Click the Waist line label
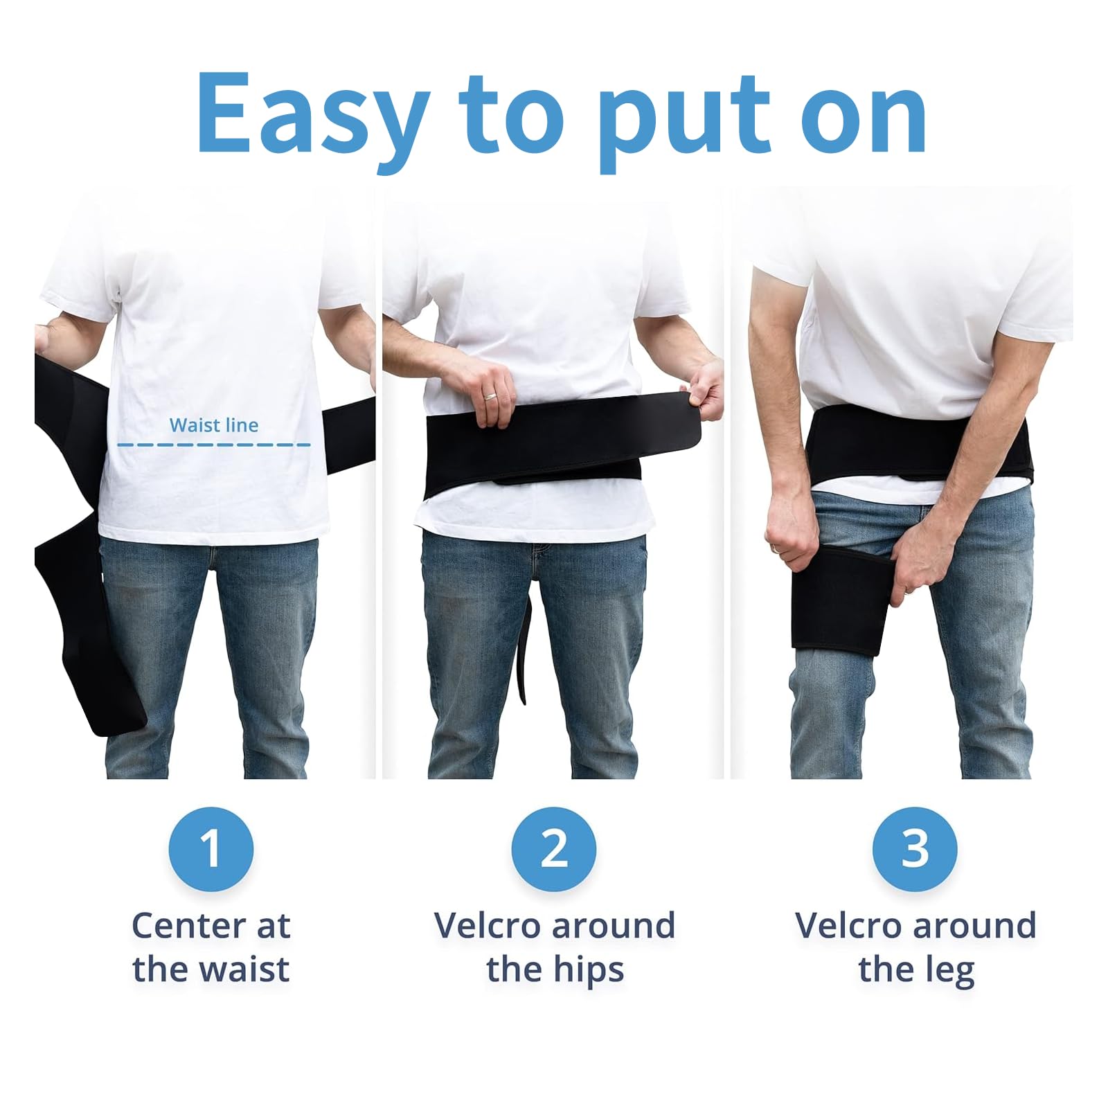click(214, 425)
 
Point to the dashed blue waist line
click(214, 445)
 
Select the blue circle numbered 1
click(211, 849)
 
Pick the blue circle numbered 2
click(554, 849)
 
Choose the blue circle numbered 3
click(915, 849)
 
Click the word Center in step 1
click(185, 926)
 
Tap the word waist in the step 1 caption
click(243, 969)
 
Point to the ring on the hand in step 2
click(490, 397)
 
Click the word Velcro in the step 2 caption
click(485, 926)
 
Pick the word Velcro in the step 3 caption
click(847, 926)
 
